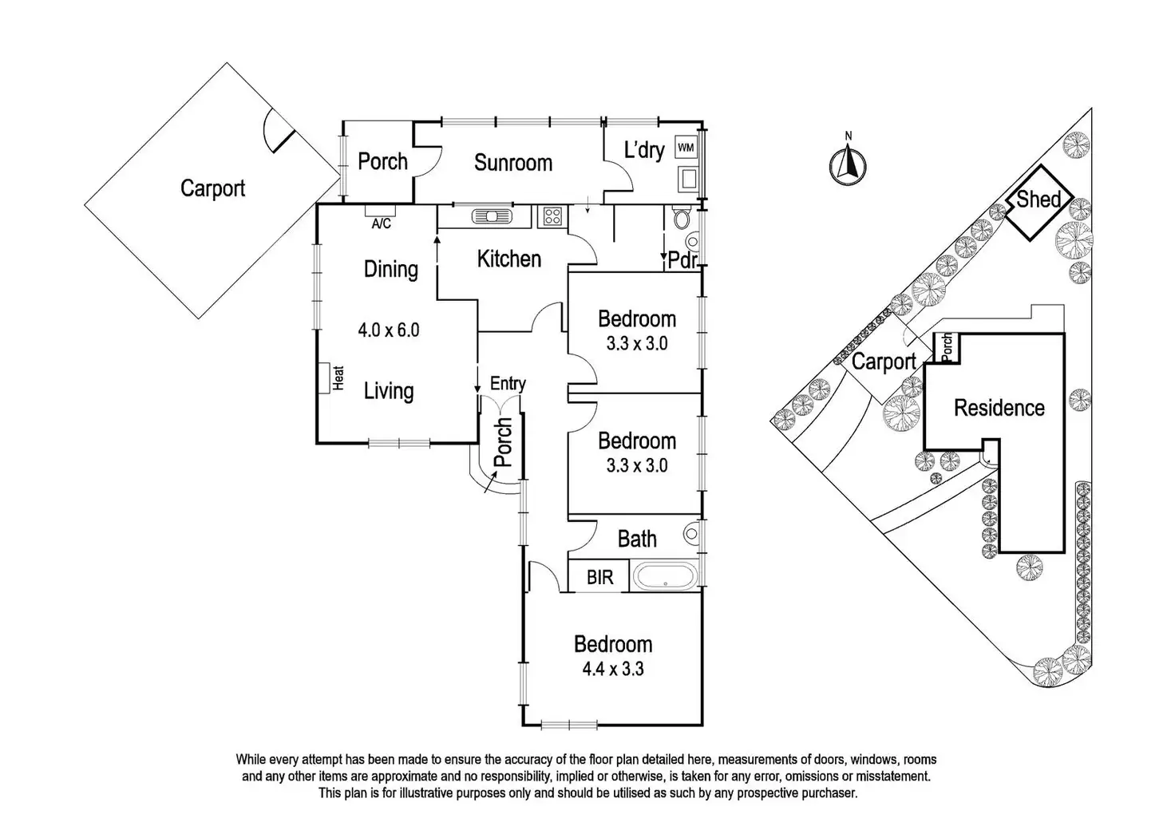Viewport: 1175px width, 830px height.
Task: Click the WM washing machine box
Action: click(x=686, y=148)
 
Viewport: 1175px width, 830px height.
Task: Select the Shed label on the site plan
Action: click(x=1038, y=200)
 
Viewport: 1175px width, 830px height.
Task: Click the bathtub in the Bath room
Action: click(x=665, y=575)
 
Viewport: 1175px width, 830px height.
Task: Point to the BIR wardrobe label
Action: click(x=599, y=577)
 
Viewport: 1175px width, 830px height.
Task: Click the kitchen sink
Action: click(x=492, y=216)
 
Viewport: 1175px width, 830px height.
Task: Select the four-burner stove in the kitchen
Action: click(x=552, y=216)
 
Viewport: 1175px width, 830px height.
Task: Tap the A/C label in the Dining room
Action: click(x=382, y=224)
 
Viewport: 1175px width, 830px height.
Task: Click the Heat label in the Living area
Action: click(x=338, y=378)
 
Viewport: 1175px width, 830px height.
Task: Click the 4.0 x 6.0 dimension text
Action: click(x=389, y=330)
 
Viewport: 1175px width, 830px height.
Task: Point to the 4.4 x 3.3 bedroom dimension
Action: click(x=613, y=669)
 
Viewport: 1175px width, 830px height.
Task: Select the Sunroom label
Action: click(x=513, y=163)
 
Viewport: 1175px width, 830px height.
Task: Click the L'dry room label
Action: click(x=644, y=150)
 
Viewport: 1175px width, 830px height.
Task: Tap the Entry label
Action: click(x=508, y=384)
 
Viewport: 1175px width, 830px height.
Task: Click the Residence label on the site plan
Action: click(x=999, y=408)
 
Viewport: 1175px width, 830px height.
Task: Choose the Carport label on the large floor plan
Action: click(x=212, y=188)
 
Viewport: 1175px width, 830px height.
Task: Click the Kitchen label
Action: click(x=508, y=259)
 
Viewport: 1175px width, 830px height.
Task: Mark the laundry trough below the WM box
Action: click(x=686, y=179)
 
